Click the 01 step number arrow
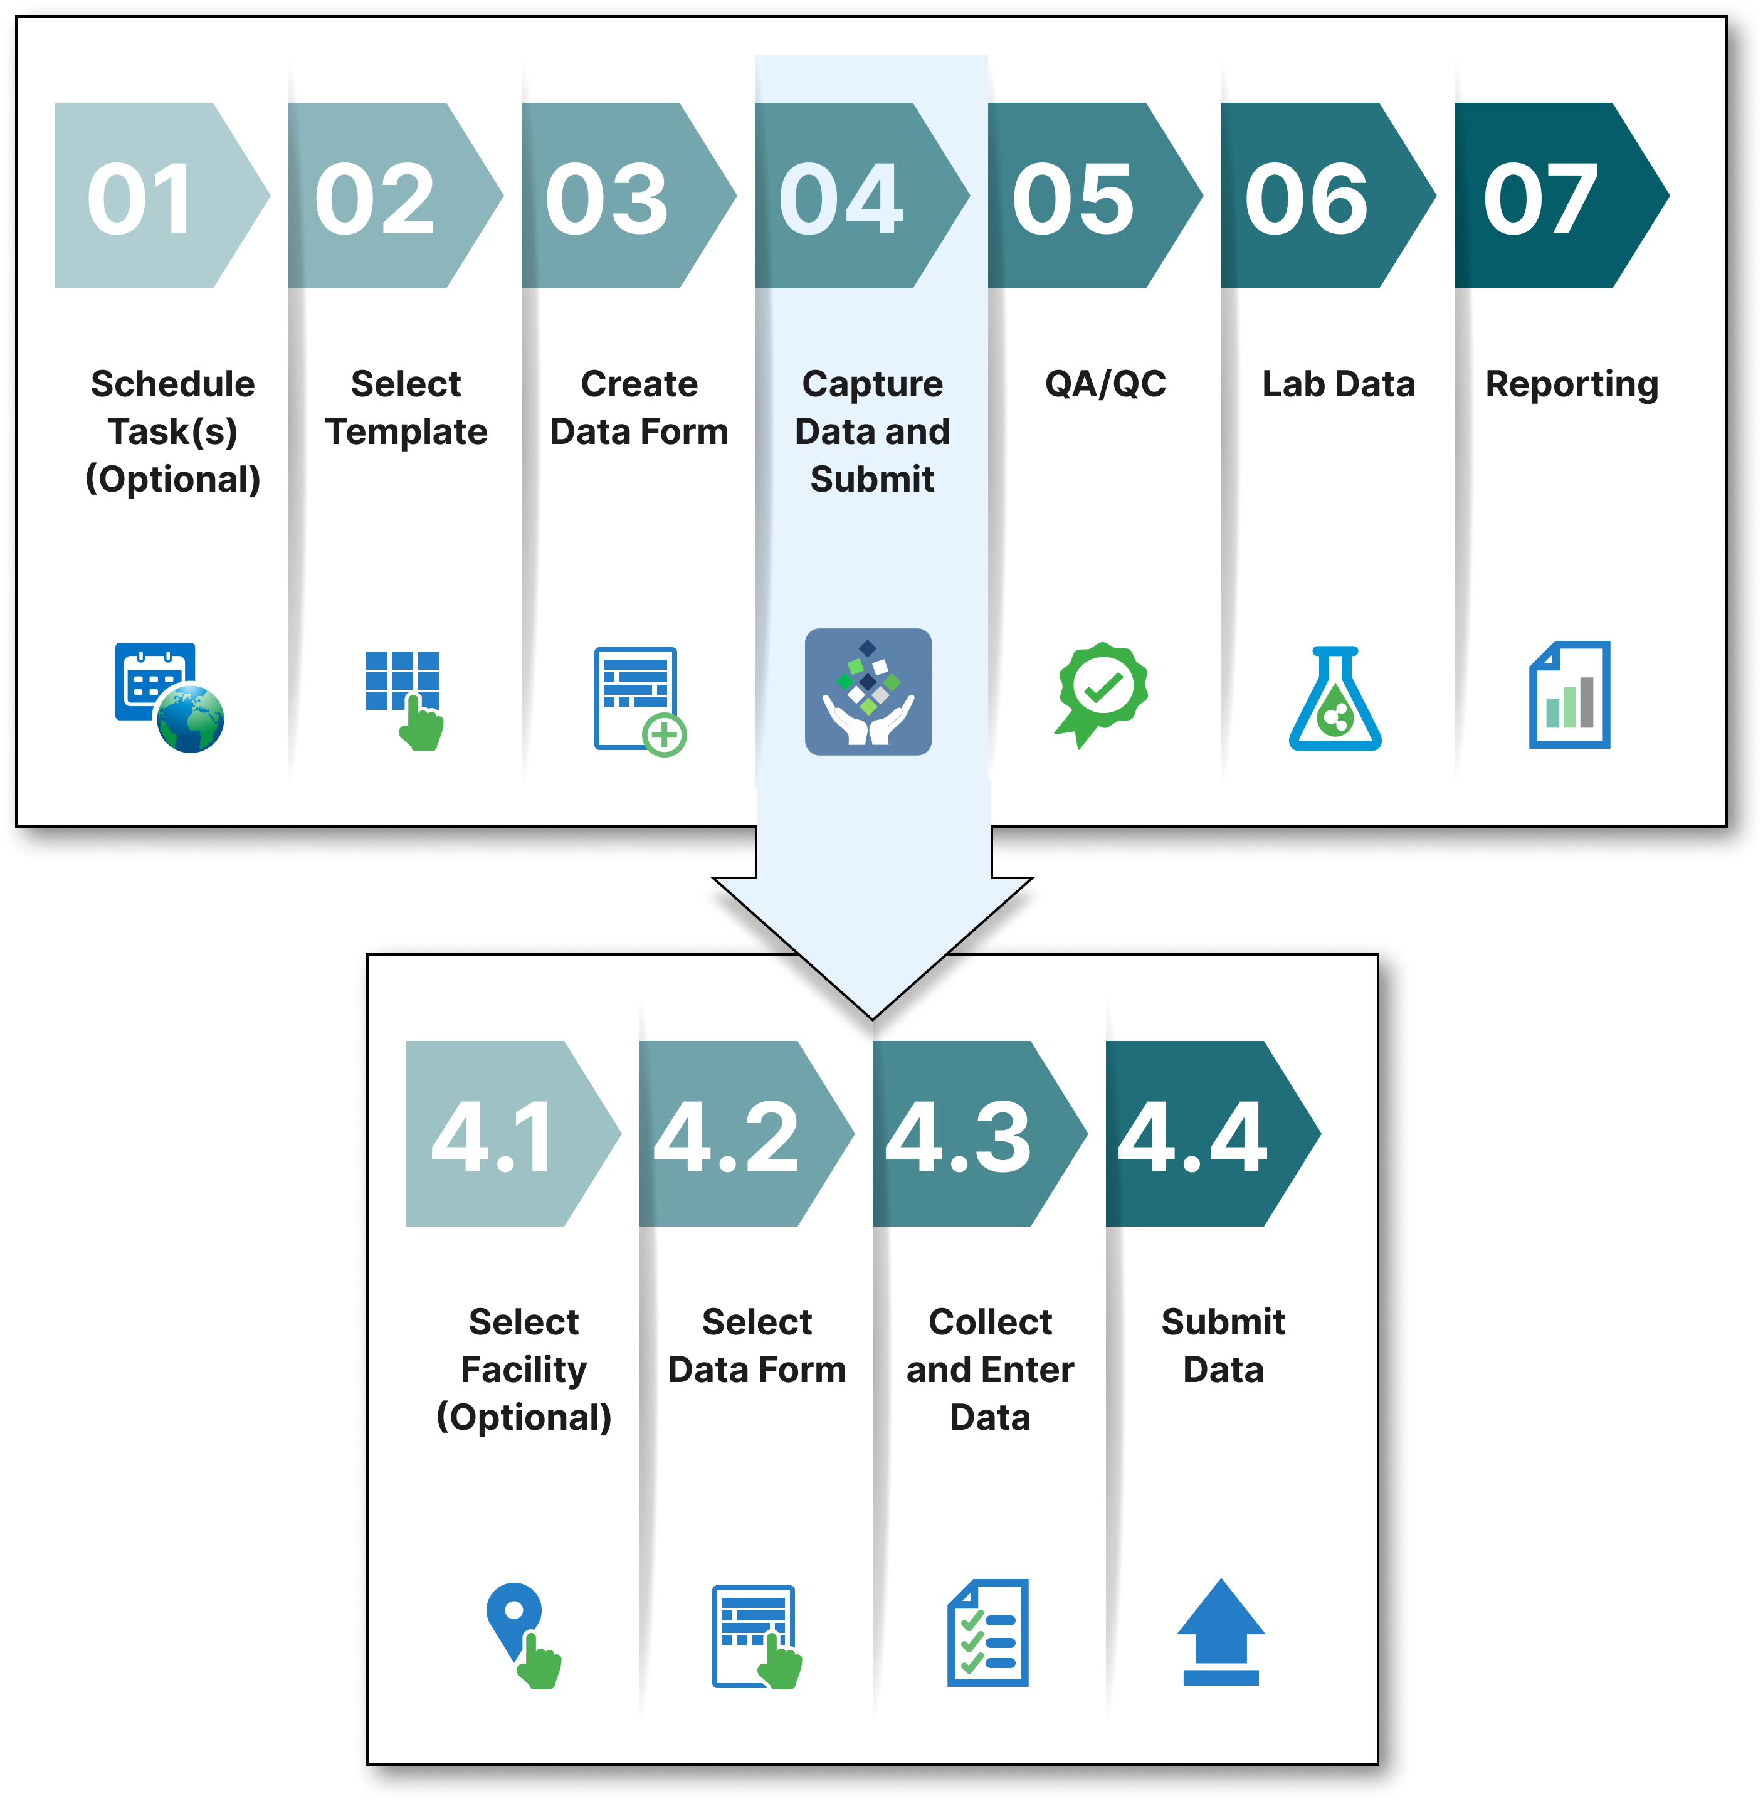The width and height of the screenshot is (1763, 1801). click(x=148, y=196)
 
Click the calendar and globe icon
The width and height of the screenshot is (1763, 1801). click(x=169, y=696)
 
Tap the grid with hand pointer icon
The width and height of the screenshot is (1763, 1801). click(x=404, y=699)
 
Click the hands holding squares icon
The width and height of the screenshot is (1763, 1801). click(x=868, y=692)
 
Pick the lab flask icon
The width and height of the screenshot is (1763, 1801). click(x=1335, y=699)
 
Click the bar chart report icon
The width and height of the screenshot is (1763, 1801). click(x=1569, y=694)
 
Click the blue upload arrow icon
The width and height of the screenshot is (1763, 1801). click(x=1221, y=1632)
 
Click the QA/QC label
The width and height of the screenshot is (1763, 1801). click(x=1105, y=383)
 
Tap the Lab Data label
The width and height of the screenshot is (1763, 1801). click(x=1338, y=383)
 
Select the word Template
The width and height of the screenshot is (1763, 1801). click(x=406, y=431)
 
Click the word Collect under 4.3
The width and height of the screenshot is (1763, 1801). click(x=990, y=1321)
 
